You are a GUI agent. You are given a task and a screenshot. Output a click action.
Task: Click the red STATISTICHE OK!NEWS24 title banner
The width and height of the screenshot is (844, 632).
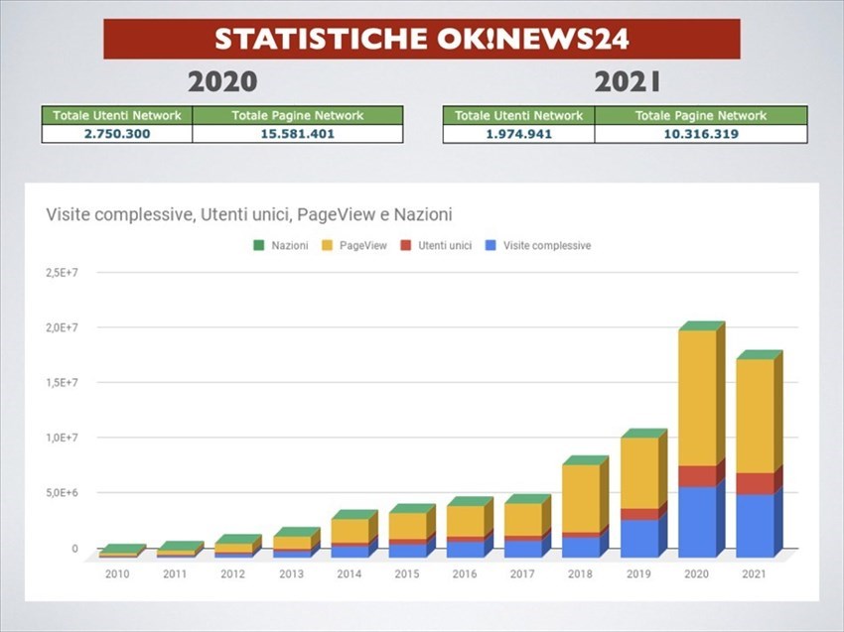click(421, 39)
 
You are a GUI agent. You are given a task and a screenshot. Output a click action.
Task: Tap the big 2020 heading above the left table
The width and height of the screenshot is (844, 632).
click(221, 82)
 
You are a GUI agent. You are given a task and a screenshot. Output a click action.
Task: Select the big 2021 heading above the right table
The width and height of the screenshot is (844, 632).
click(627, 82)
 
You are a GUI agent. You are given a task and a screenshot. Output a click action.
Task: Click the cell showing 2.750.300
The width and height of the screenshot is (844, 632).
click(116, 134)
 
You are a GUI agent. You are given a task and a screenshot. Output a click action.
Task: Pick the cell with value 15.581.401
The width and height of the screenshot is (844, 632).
click(297, 134)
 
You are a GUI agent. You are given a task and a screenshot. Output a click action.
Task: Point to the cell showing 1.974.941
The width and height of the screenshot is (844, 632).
click(518, 134)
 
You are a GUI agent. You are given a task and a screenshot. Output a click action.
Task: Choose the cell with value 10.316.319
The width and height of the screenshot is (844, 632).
click(700, 134)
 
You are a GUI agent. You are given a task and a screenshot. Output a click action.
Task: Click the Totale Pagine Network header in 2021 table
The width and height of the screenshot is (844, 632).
click(700, 116)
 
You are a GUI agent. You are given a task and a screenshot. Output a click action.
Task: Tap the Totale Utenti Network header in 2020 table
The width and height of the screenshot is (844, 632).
click(116, 116)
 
